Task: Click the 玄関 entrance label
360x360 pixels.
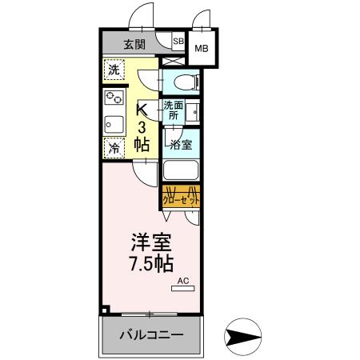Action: [134, 44]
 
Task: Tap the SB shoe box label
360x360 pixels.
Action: [178, 41]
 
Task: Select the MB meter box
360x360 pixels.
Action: [203, 49]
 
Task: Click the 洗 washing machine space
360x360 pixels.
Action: [114, 70]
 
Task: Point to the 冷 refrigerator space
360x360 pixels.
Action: [114, 147]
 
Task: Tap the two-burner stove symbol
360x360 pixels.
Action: [112, 100]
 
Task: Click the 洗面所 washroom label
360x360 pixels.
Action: [174, 111]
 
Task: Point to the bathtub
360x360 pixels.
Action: [180, 170]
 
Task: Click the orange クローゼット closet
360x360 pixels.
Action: [180, 197]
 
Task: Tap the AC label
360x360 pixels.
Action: [182, 280]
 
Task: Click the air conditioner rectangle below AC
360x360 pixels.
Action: [182, 289]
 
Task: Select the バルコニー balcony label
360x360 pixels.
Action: [152, 334]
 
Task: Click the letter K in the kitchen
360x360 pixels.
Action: [142, 110]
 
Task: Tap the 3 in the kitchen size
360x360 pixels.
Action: [142, 127]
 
